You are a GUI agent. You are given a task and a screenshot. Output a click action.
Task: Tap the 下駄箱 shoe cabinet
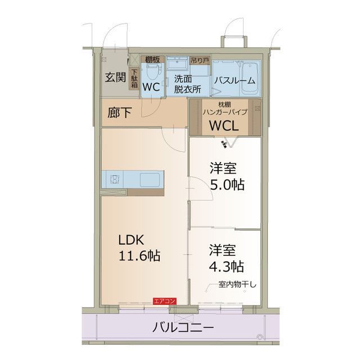click(x=134, y=78)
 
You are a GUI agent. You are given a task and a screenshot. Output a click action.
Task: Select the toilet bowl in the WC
click(x=151, y=71)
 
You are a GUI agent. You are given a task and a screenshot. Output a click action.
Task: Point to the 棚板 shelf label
click(x=151, y=59)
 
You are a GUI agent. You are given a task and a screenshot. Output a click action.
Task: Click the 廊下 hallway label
click(x=119, y=112)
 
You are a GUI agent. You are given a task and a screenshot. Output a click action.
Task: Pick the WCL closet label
click(x=224, y=126)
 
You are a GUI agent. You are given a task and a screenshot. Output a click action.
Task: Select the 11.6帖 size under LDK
click(x=139, y=256)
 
